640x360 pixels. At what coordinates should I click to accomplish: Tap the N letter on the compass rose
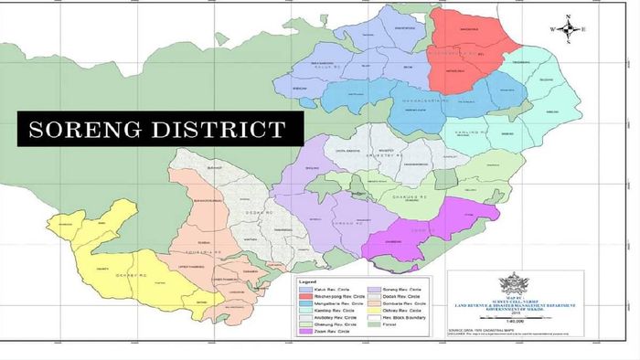click(x=569, y=16)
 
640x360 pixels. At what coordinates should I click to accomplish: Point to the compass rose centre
click(x=569, y=29)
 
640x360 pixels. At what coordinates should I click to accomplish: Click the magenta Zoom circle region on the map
click(x=430, y=227)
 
